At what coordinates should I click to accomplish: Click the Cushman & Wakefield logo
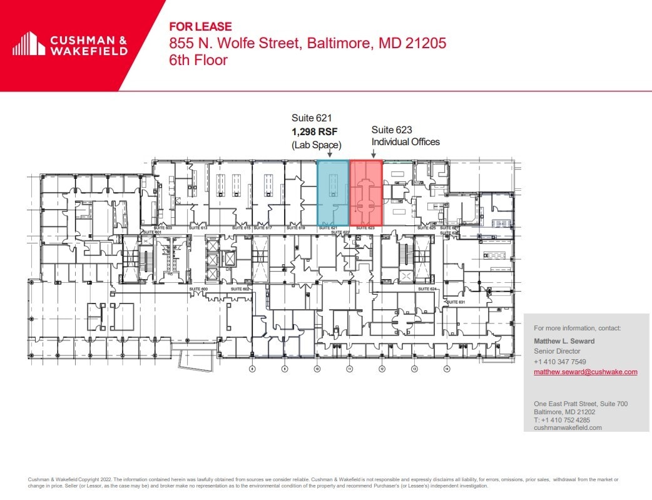pyautogui.click(x=70, y=44)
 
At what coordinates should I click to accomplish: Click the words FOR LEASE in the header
pyautogui.click(x=201, y=27)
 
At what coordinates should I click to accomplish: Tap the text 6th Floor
pyautogui.click(x=198, y=61)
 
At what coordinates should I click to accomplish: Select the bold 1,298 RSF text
pyautogui.click(x=314, y=131)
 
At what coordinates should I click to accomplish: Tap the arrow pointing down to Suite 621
pyautogui.click(x=330, y=154)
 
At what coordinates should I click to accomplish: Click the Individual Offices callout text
pyautogui.click(x=405, y=142)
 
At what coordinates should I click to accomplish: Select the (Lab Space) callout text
pyautogui.click(x=316, y=145)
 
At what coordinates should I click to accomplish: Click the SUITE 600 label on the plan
pyautogui.click(x=198, y=289)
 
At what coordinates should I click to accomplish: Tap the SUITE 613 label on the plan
pyautogui.click(x=200, y=228)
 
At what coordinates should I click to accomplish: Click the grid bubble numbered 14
pyautogui.click(x=447, y=369)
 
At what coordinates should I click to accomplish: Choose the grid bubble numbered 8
pyautogui.click(x=253, y=369)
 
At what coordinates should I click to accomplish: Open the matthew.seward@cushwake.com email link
pyautogui.click(x=585, y=372)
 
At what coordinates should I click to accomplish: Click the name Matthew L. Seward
pyautogui.click(x=564, y=341)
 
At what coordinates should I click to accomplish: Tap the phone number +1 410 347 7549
pyautogui.click(x=559, y=362)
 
